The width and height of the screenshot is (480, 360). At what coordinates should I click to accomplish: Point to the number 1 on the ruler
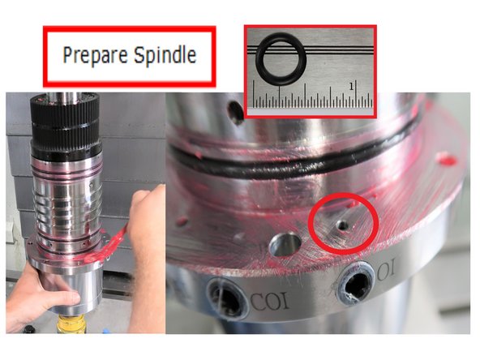(x=352, y=84)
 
